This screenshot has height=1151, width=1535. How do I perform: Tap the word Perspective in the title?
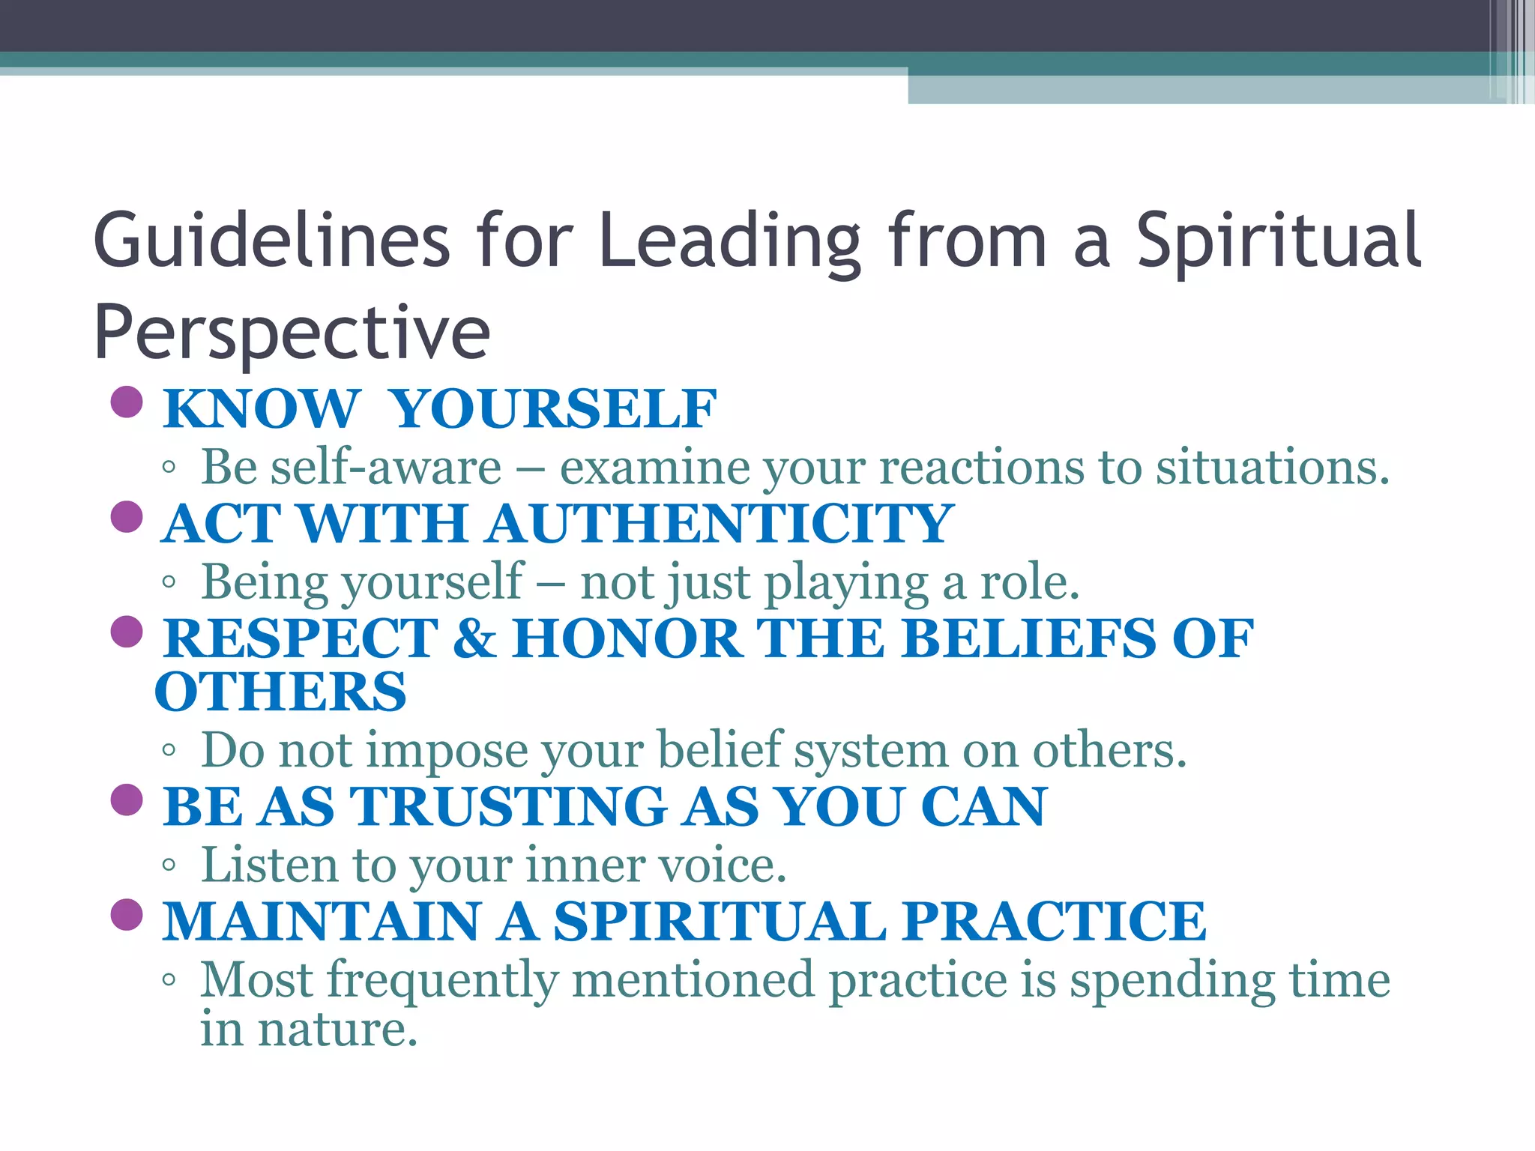[292, 333]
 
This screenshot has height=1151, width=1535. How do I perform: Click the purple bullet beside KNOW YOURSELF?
[126, 402]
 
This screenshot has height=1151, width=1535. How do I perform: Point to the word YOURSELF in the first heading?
[555, 409]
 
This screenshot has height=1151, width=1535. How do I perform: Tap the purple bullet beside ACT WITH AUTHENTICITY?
[126, 517]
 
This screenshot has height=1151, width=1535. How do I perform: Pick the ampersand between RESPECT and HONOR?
[474, 638]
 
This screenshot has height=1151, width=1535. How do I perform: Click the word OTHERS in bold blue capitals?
[280, 692]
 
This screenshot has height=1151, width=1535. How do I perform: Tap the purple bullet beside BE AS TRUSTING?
[126, 800]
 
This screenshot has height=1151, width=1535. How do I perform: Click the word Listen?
[270, 865]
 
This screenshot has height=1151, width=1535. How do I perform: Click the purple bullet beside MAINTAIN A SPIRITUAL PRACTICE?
[126, 914]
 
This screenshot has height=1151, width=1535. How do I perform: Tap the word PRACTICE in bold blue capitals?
[1054, 922]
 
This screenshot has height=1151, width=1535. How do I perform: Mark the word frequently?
[442, 980]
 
